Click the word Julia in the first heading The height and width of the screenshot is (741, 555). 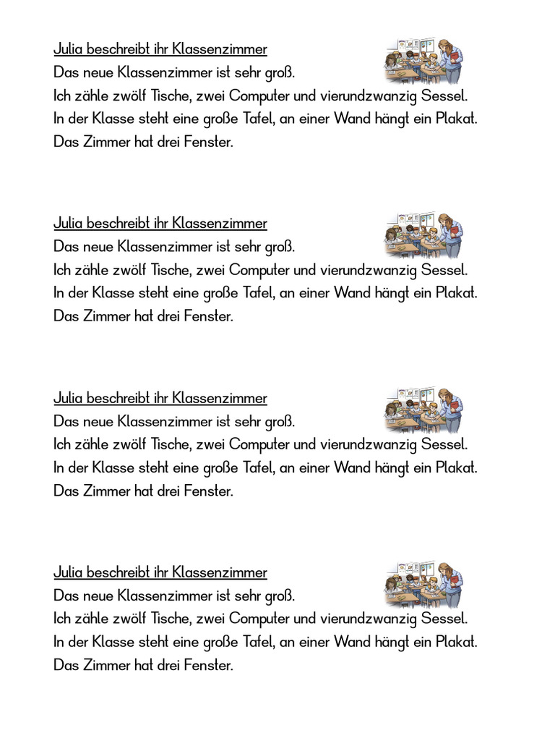(68, 49)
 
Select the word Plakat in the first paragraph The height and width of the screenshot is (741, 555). (458, 119)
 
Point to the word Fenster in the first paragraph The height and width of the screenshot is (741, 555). (210, 142)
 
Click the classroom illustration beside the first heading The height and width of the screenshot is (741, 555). (423, 62)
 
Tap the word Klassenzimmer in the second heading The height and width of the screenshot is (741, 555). (220, 224)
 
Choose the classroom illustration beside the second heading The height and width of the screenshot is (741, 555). (423, 236)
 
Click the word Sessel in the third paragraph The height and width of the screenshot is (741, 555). (444, 444)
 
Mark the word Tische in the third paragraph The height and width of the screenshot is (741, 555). (173, 444)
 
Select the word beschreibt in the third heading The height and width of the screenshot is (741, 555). (117, 398)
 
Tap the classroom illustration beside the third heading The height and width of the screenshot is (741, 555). (423, 410)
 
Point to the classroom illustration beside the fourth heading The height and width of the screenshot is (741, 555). (423, 585)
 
